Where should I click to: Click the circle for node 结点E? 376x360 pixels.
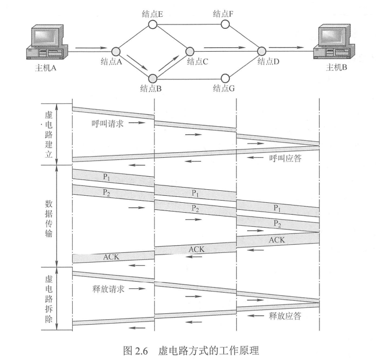tap(153, 24)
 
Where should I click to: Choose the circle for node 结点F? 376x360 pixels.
tap(224, 24)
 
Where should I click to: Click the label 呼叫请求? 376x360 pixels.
tap(108, 123)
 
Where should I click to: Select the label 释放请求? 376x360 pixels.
tap(108, 289)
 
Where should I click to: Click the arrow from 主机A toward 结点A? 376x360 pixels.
tap(87, 48)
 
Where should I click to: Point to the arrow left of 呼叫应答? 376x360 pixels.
tap(255, 158)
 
